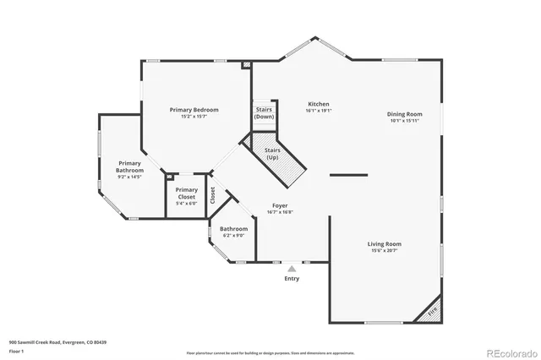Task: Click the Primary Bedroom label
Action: pyautogui.click(x=194, y=110)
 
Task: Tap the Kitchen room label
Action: pyautogui.click(x=318, y=105)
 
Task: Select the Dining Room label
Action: pyautogui.click(x=404, y=114)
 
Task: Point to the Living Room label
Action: pyautogui.click(x=384, y=243)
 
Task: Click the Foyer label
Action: pyautogui.click(x=281, y=206)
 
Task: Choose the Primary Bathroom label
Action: pyautogui.click(x=129, y=166)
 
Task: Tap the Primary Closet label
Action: pyautogui.click(x=187, y=194)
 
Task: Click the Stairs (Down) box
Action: pyautogui.click(x=264, y=112)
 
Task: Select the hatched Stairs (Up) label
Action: pyautogui.click(x=272, y=154)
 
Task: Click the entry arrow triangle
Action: pyautogui.click(x=292, y=269)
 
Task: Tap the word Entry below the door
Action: pyautogui.click(x=292, y=278)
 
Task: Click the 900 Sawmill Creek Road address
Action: pyautogui.click(x=57, y=342)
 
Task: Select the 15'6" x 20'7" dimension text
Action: pyautogui.click(x=384, y=251)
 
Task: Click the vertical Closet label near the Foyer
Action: pyautogui.click(x=213, y=196)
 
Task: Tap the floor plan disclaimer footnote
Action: pyautogui.click(x=271, y=352)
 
